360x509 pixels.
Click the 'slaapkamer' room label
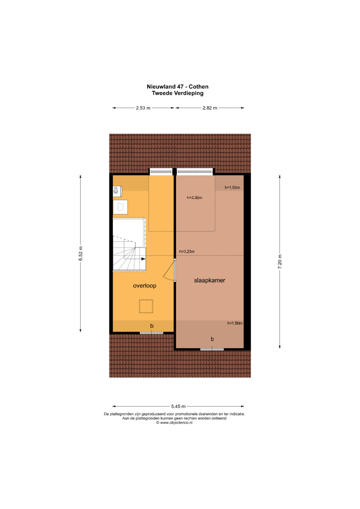(209, 280)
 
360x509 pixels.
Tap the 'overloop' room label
(145, 286)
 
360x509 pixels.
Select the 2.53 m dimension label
(143, 108)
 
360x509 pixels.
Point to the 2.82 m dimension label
(210, 108)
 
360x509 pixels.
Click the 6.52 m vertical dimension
(80, 253)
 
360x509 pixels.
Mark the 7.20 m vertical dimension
(280, 262)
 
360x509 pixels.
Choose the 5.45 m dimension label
(178, 406)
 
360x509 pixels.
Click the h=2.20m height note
(195, 198)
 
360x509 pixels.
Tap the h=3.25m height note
(187, 252)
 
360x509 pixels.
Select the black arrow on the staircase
(143, 259)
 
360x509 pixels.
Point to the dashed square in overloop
(146, 306)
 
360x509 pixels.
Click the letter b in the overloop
(152, 326)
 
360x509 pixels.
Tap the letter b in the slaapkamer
(212, 339)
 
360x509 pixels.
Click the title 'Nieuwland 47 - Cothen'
(177, 87)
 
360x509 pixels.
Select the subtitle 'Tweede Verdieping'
(177, 93)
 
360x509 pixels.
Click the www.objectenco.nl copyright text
(174, 423)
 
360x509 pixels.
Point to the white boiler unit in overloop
(117, 191)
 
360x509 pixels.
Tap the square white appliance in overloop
(120, 207)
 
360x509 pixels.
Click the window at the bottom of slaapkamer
(212, 349)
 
